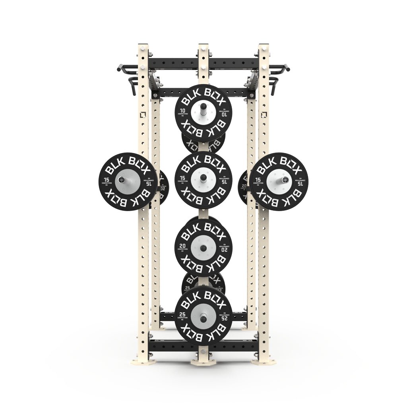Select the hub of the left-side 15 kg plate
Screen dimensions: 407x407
click(128, 181)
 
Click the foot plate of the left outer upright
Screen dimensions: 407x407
click(143, 361)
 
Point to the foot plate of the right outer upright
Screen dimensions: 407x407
click(264, 361)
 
